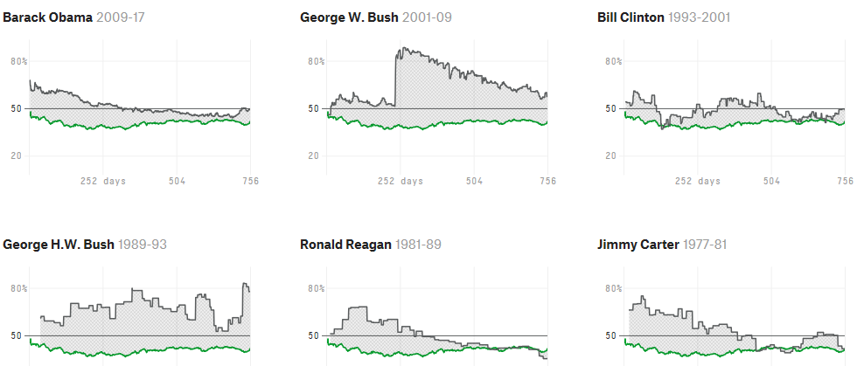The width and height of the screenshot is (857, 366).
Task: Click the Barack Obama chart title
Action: coord(48,17)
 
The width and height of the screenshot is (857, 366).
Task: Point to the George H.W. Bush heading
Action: coord(59,244)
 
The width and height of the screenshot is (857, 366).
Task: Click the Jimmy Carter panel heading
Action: coord(638,244)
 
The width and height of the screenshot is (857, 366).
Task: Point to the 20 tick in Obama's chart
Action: coord(17,155)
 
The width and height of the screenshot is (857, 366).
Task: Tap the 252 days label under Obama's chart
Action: coord(103,181)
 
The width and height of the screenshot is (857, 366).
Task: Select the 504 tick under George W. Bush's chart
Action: coord(474,181)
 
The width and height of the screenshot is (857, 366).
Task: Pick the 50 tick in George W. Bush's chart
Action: coord(314,108)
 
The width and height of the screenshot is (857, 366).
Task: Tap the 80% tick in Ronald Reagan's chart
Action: coord(317,288)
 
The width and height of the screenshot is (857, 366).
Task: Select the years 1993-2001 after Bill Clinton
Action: coord(700,17)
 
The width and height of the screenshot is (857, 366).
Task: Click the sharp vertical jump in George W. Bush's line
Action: coord(395,79)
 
